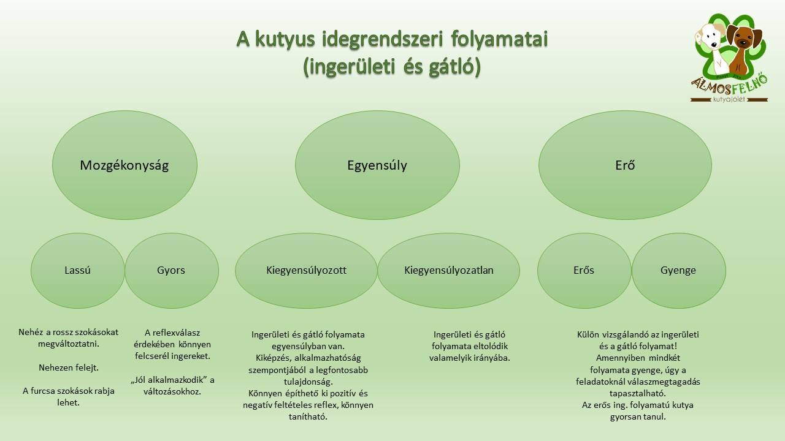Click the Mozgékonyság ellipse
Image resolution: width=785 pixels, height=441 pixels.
pos(124,165)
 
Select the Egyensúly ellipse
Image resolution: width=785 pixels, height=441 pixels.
pos(377,165)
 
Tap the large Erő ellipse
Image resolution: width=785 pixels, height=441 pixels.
pos(625,165)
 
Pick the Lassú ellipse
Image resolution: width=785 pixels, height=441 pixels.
pos(77,270)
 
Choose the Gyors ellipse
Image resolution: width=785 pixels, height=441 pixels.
pos(171,270)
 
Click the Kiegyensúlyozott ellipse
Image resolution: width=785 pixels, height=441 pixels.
pos(306,270)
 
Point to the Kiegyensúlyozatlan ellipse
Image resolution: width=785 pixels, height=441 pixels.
pos(449,270)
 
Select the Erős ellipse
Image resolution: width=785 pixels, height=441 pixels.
pos(584,270)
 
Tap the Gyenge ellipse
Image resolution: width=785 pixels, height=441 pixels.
pos(678,270)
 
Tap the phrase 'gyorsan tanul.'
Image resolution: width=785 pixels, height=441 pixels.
pos(638,417)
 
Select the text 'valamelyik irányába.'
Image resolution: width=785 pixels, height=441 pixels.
pos(469,358)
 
